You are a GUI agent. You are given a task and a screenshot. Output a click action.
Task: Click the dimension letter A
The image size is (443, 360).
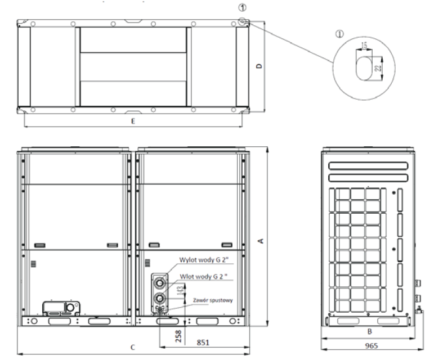(260, 240)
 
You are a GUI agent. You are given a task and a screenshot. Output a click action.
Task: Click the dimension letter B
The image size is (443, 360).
(369, 332)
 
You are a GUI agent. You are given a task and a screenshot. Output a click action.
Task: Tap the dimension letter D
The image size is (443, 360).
(259, 66)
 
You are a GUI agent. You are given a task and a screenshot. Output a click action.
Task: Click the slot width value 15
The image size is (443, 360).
(365, 45)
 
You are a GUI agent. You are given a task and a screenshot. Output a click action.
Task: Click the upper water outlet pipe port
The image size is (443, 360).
(160, 282)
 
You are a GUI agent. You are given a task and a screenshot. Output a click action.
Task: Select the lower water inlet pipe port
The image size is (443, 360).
(160, 297)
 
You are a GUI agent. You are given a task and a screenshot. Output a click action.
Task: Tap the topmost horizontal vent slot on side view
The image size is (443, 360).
(366, 166)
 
